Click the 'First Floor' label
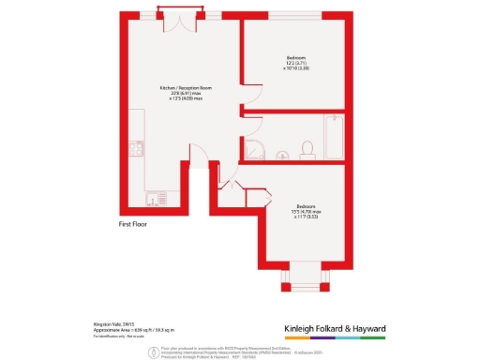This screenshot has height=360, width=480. pos(133,225)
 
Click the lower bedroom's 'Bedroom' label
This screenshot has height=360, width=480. pos(306,205)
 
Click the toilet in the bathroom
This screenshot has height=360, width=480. pos(307,146)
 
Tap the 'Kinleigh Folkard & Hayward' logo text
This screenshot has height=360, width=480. pos(341,328)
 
